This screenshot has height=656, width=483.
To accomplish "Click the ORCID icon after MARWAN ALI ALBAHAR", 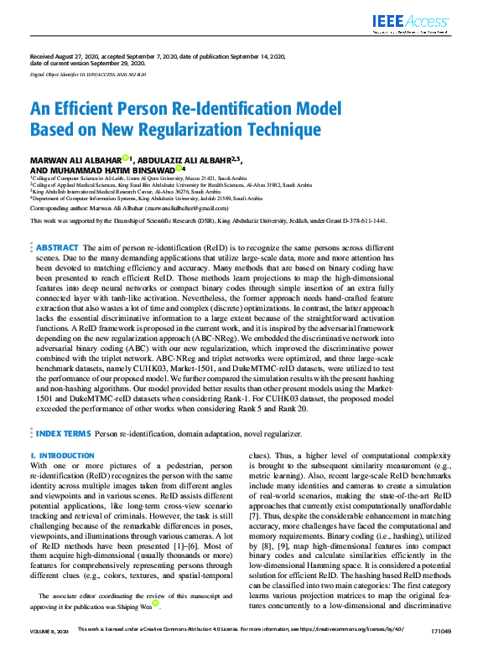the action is [125, 158].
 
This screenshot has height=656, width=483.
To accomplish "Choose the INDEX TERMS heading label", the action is [63, 433].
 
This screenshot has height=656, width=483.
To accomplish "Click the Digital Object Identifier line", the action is [87, 75].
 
